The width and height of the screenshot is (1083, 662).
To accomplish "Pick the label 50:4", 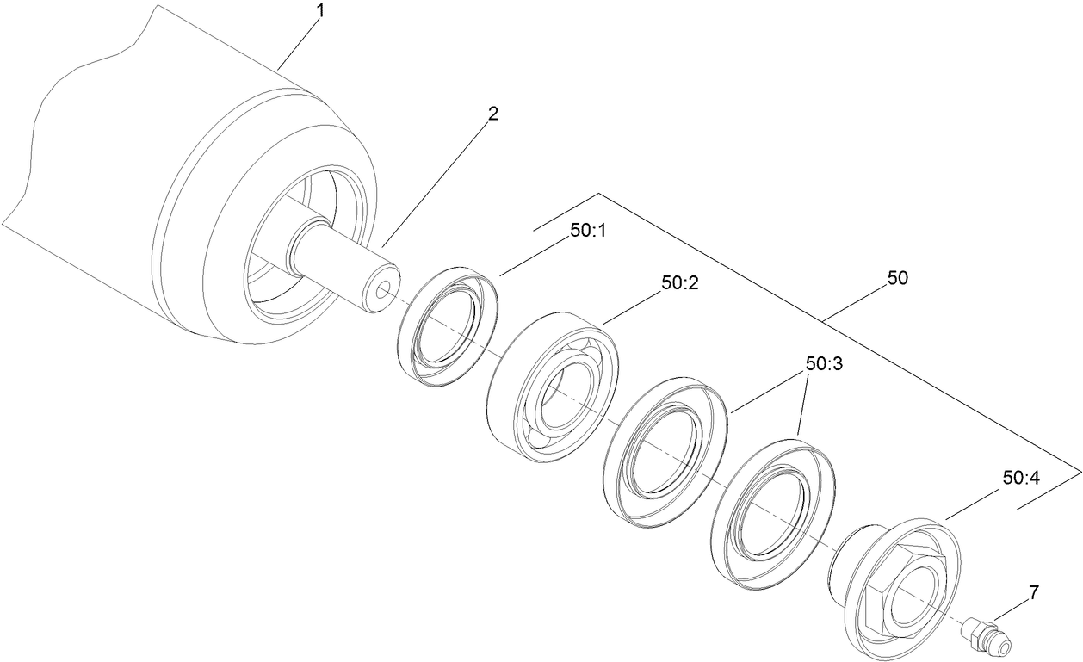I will coord(1022,477).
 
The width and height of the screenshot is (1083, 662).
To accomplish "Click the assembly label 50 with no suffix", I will coord(897,279).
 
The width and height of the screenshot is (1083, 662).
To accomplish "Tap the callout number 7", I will coord(1034,591).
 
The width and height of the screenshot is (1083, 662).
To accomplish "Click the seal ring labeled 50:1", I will coord(449,325).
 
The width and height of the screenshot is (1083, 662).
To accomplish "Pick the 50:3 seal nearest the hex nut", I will coord(774,513).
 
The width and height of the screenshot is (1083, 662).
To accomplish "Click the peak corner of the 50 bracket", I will coord(597,193).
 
